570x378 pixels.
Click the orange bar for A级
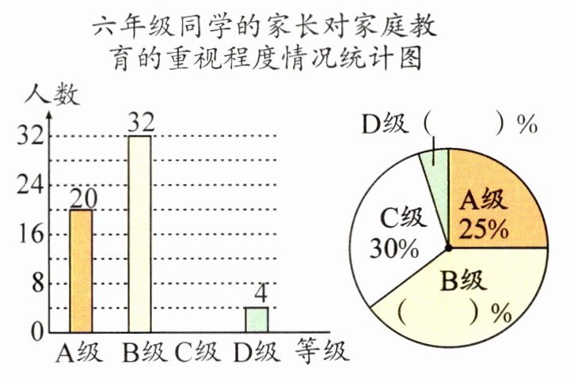81,270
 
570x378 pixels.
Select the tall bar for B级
139,233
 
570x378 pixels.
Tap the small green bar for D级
256,319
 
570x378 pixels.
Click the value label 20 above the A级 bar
81,198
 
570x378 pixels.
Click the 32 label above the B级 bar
140,123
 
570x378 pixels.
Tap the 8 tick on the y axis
35,283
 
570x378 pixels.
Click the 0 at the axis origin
35,333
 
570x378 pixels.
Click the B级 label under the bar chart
141,351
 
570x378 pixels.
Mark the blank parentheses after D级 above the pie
464,124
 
